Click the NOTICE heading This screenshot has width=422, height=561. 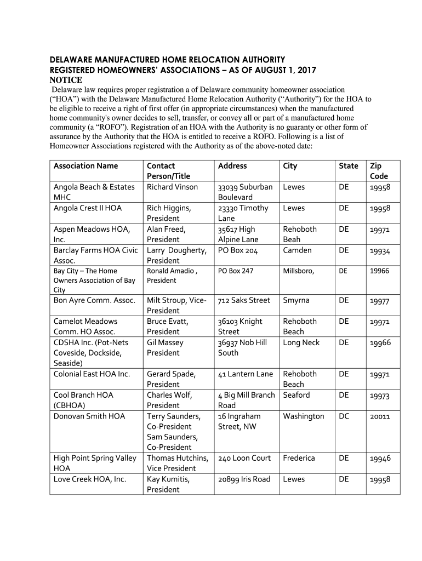coord(66,80)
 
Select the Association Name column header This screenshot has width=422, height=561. coord(85,166)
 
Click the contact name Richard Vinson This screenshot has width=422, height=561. coord(172,187)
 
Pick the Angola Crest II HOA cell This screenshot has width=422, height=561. coord(88,208)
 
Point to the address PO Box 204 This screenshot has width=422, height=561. coord(237,250)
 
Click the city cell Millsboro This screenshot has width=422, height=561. coord(298,271)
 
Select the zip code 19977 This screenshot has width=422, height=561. coord(379,301)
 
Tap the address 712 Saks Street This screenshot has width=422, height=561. coord(244,300)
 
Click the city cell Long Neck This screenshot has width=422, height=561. coord(301,342)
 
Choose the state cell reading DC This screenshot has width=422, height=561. coord(344,416)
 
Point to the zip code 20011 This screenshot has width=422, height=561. coord(379,417)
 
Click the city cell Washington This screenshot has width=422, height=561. coord(304,416)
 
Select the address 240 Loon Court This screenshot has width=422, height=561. coord(244,458)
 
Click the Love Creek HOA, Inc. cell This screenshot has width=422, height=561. coord(90,479)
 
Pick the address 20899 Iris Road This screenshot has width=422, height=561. coord(244,479)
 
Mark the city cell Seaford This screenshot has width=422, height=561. coord(296,395)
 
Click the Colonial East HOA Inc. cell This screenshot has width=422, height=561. coord(92,374)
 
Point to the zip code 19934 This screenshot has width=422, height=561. coord(379,251)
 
